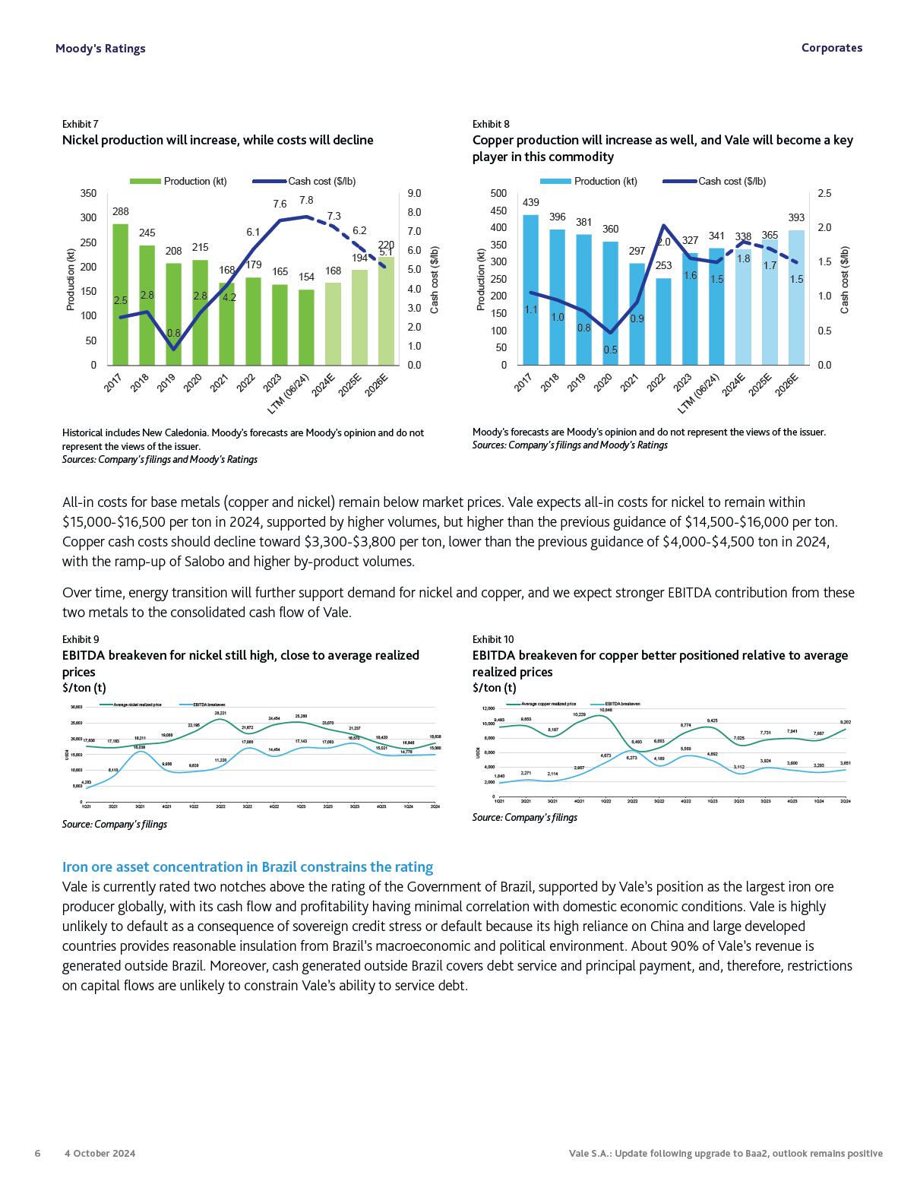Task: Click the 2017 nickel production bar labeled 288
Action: [120, 294]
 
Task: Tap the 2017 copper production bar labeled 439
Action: [530, 290]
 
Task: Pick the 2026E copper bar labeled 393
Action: [796, 297]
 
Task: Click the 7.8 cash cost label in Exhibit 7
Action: [306, 201]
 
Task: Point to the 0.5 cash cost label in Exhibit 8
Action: [610, 350]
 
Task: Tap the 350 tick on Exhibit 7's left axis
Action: [89, 194]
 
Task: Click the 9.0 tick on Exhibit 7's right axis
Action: [414, 194]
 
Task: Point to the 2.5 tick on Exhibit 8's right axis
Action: [824, 194]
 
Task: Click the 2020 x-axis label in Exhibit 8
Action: [603, 383]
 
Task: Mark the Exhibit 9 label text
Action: [80, 639]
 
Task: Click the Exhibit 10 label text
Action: [492, 639]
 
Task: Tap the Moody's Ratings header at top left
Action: [100, 49]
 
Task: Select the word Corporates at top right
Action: [832, 48]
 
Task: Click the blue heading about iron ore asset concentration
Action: [248, 867]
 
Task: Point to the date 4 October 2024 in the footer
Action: [100, 1153]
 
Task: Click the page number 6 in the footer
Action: [37, 1153]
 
